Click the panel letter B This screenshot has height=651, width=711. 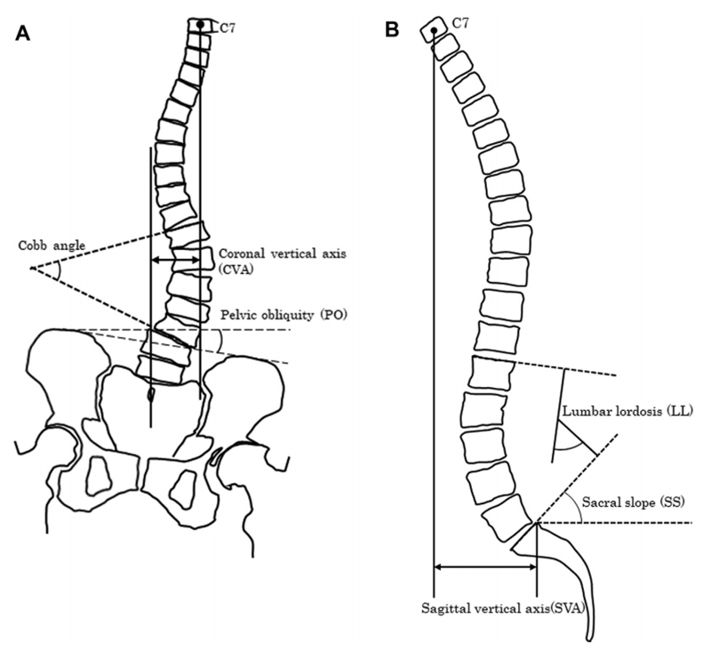(x=392, y=29)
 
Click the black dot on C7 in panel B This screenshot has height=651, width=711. (x=434, y=31)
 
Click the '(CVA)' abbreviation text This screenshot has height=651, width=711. (x=235, y=270)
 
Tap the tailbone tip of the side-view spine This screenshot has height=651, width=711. (x=589, y=635)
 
